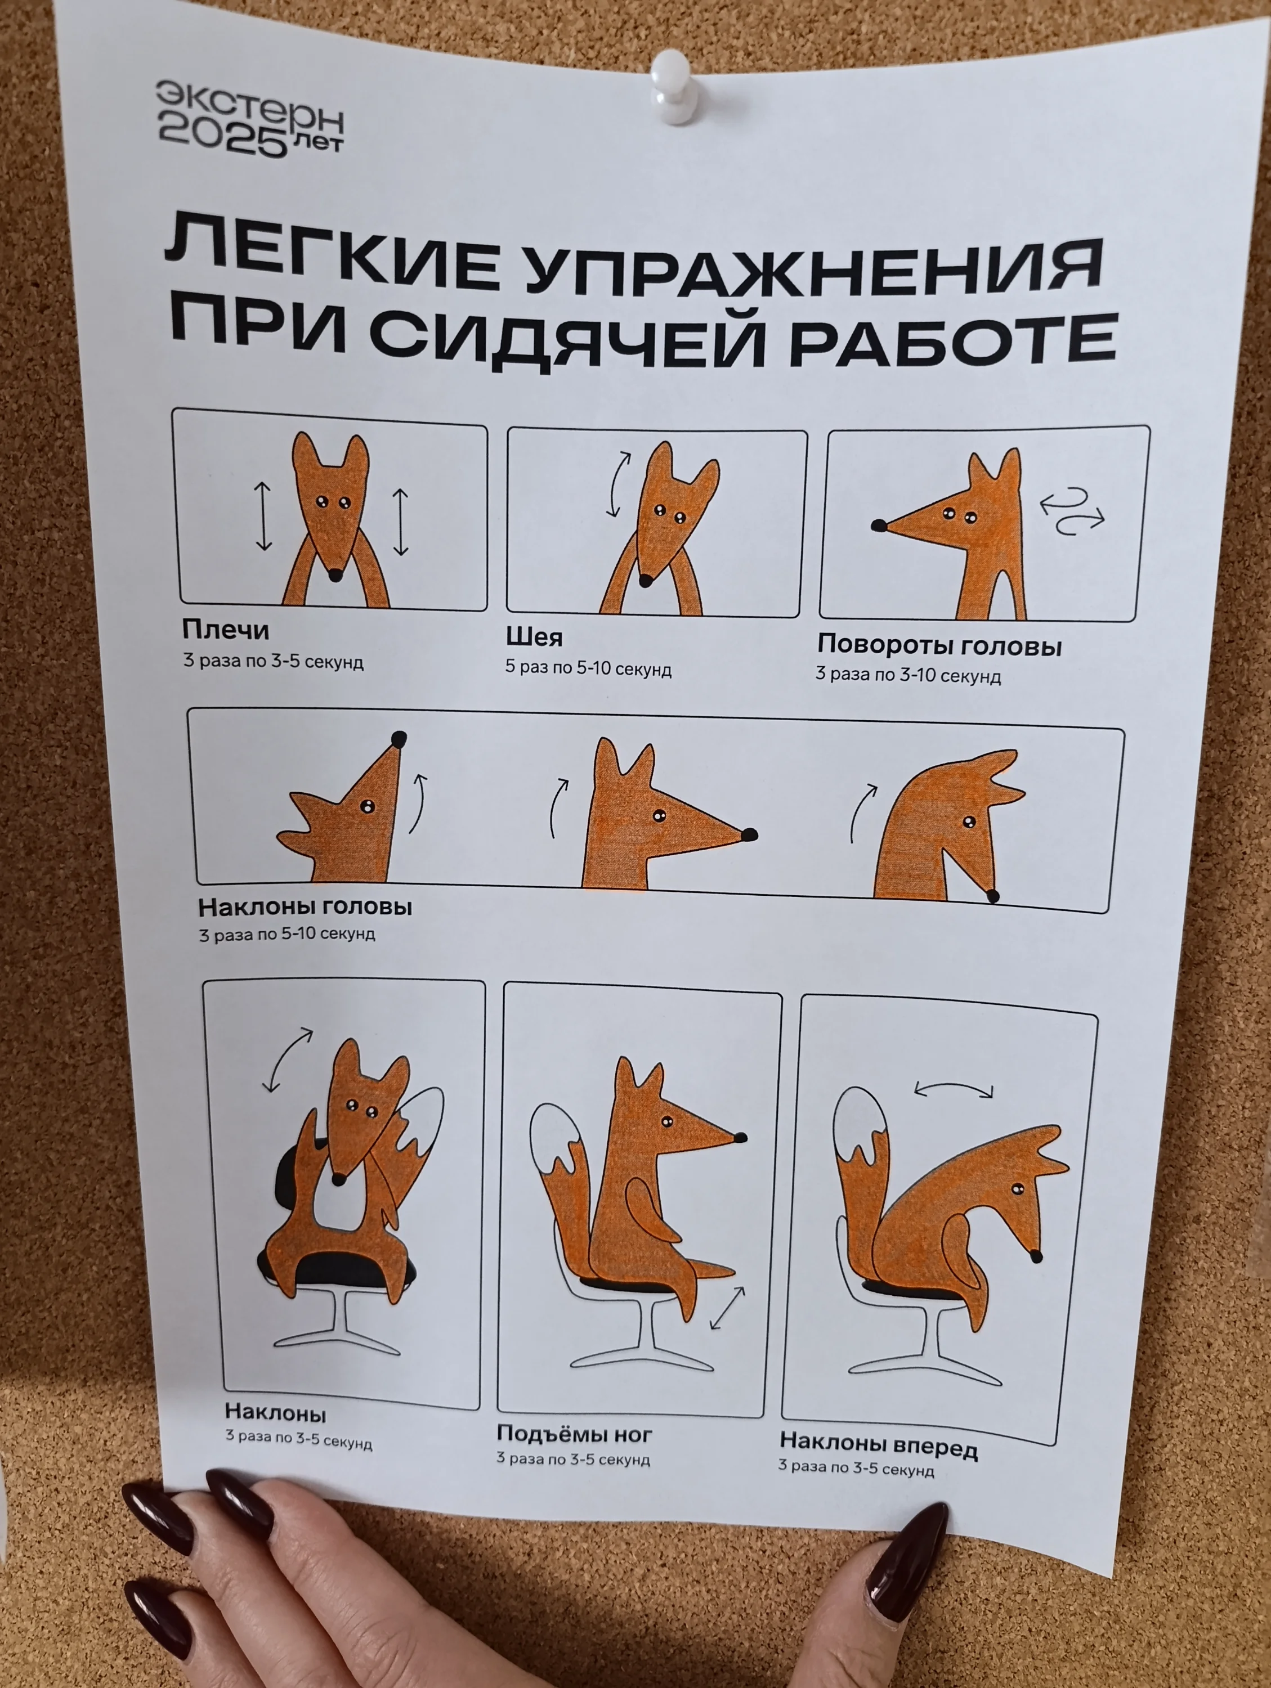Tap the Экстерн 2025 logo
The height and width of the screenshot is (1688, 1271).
tap(250, 120)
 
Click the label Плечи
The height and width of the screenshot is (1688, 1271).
tap(225, 630)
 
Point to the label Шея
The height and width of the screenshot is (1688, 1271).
tap(534, 636)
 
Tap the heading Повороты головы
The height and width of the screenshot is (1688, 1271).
tap(939, 645)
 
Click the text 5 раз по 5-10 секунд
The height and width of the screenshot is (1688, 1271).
tap(588, 668)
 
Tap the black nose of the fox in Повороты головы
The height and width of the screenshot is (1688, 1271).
tap(879, 525)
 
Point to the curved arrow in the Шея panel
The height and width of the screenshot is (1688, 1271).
tap(617, 484)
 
